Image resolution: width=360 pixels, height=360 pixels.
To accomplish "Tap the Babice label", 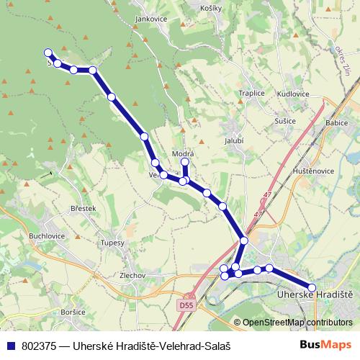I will [336, 123].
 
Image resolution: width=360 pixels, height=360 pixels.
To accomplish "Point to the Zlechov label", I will [133, 275].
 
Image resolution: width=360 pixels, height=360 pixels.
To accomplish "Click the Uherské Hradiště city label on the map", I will [315, 294].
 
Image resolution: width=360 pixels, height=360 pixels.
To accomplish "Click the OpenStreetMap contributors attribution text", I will [296, 322].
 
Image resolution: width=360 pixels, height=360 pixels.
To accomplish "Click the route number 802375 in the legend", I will [42, 346].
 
